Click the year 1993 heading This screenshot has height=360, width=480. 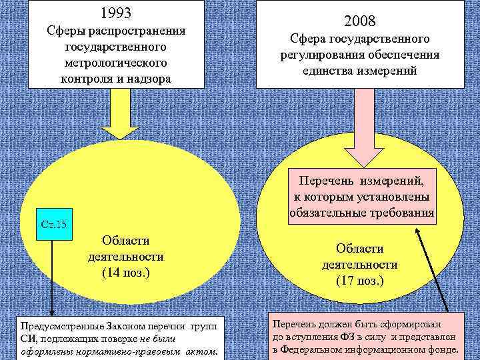coord(115,13)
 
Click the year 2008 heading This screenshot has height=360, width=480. coord(360,21)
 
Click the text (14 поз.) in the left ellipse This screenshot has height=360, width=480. coord(125,273)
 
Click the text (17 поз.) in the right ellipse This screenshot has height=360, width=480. coord(359,281)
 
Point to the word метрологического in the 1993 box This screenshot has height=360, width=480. coord(115,62)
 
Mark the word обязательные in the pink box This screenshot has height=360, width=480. coord(327,213)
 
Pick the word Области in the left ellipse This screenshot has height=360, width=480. coord(125,240)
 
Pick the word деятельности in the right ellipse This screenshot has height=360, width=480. coord(359,265)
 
